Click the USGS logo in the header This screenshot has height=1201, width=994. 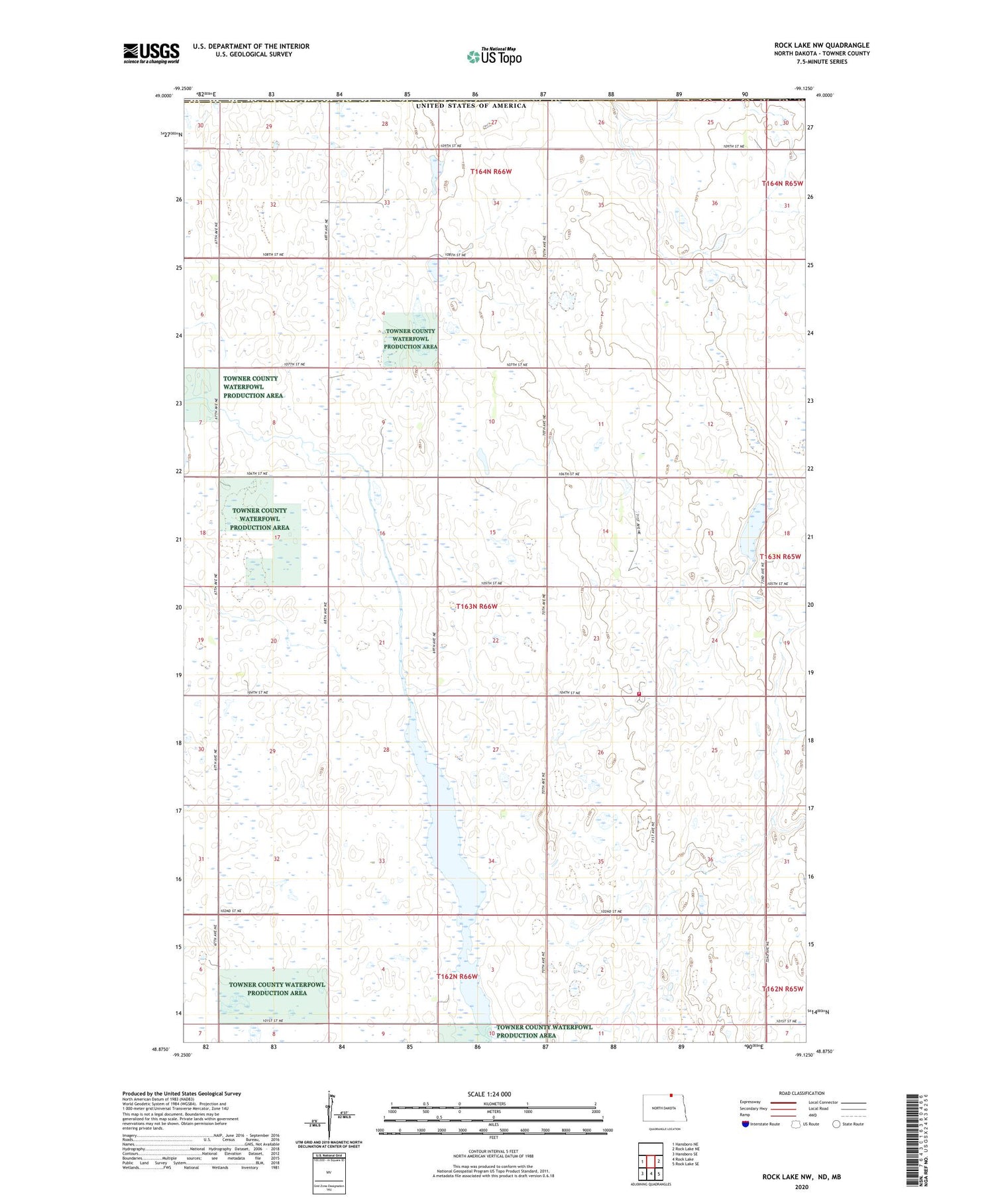pyautogui.click(x=151, y=53)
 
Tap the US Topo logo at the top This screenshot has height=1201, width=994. pyautogui.click(x=494, y=57)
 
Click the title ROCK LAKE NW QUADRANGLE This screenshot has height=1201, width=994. pyautogui.click(x=822, y=45)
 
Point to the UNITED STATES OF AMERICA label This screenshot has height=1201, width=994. pyautogui.click(x=470, y=106)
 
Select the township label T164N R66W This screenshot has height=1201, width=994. pyautogui.click(x=491, y=172)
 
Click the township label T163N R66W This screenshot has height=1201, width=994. pyautogui.click(x=476, y=607)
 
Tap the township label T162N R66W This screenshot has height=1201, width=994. pyautogui.click(x=457, y=976)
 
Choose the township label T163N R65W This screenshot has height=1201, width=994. pyautogui.click(x=781, y=556)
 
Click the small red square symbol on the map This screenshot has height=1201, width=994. pyautogui.click(x=639, y=694)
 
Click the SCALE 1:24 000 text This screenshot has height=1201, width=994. pyautogui.click(x=489, y=1094)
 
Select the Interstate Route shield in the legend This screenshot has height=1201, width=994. pyautogui.click(x=745, y=1124)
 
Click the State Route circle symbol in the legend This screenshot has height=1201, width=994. pyautogui.click(x=836, y=1124)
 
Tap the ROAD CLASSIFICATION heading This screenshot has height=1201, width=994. pyautogui.click(x=801, y=1093)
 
